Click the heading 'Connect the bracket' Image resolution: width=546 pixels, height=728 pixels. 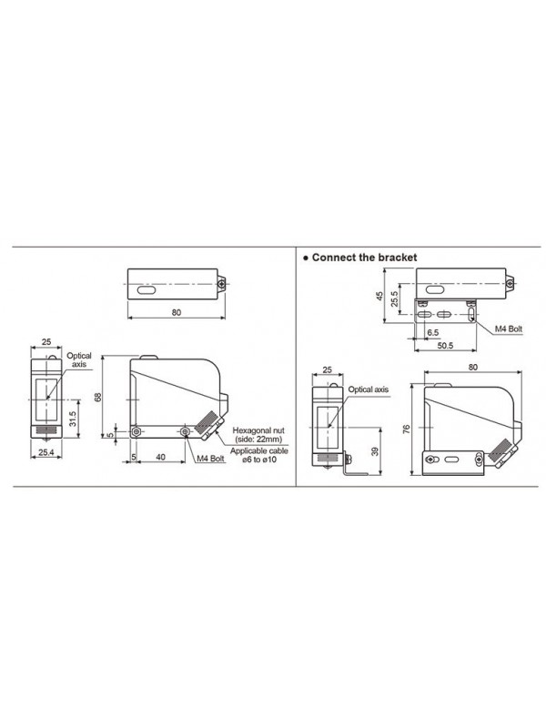pyautogui.click(x=364, y=258)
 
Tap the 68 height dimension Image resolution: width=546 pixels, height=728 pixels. pyautogui.click(x=98, y=397)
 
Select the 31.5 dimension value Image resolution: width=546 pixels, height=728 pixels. pyautogui.click(x=72, y=418)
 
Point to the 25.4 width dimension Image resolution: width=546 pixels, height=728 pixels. pyautogui.click(x=46, y=451)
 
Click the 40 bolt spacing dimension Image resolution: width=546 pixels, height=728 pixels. pyautogui.click(x=161, y=458)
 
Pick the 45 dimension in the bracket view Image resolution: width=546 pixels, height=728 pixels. pyautogui.click(x=379, y=297)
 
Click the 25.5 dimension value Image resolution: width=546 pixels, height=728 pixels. pyautogui.click(x=395, y=298)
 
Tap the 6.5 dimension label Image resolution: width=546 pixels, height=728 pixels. pyautogui.click(x=433, y=332)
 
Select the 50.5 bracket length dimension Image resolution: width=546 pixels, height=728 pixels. pyautogui.click(x=445, y=346)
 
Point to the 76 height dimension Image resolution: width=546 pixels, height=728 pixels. pyautogui.click(x=407, y=429)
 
